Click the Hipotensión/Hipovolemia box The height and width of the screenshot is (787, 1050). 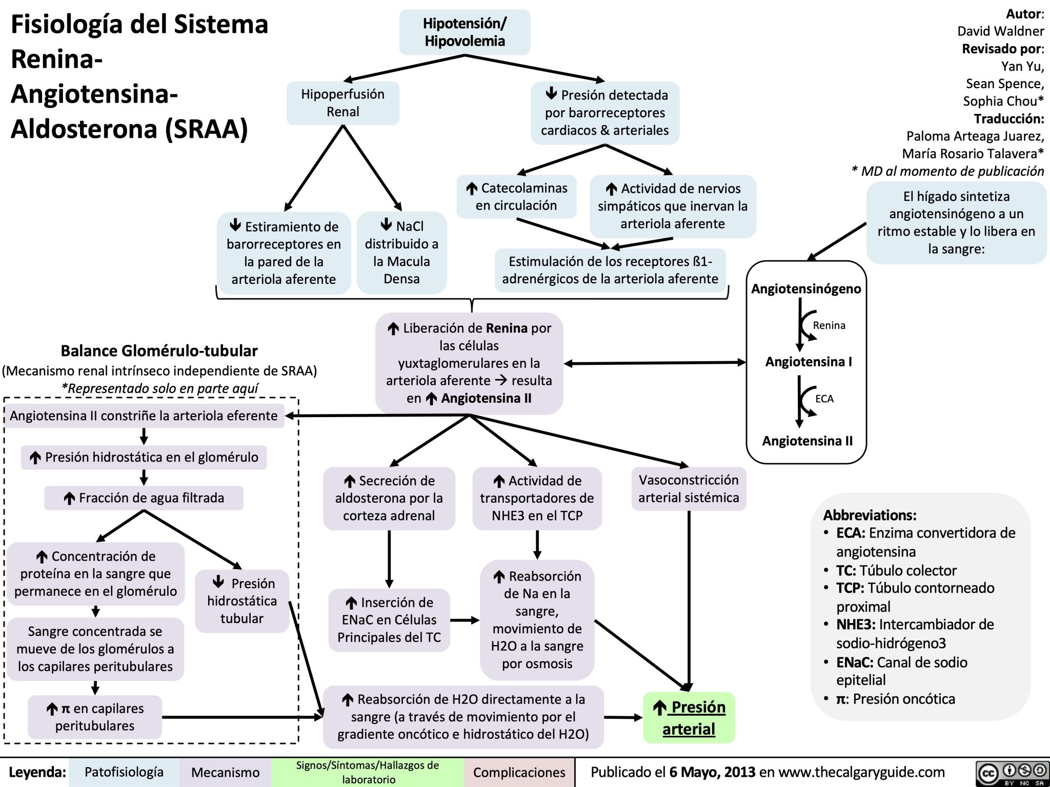465,32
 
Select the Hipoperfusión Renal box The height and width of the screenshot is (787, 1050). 343,103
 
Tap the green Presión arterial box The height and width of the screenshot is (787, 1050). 689,717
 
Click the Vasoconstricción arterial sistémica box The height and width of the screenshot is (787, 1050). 689,489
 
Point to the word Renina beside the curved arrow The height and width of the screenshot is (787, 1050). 829,325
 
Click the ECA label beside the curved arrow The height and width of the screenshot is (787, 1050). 824,399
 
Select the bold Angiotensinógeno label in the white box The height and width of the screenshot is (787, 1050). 806,289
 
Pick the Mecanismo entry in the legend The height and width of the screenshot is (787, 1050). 225,772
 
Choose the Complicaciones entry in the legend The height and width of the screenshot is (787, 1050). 519,772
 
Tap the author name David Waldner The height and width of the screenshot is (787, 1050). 1000,31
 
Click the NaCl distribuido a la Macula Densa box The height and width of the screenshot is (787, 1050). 401,253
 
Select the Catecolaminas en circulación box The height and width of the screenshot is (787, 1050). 516,197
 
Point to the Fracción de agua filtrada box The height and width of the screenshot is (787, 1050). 144,498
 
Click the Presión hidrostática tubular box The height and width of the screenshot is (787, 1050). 242,601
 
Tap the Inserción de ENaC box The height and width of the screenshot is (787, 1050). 389,620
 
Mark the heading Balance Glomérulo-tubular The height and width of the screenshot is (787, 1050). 159,351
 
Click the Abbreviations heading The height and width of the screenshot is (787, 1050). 870,515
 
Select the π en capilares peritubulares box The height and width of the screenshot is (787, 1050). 95,717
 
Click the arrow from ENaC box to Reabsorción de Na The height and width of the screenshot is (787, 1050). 465,620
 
